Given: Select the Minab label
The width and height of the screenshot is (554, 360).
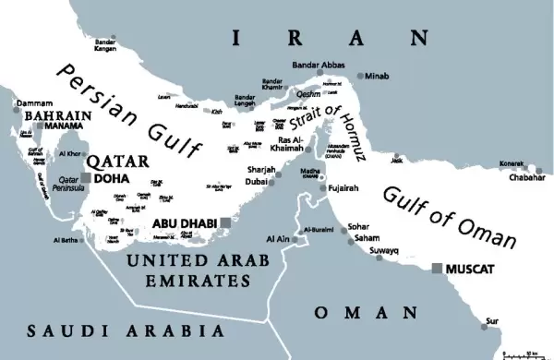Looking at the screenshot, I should (x=379, y=75).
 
